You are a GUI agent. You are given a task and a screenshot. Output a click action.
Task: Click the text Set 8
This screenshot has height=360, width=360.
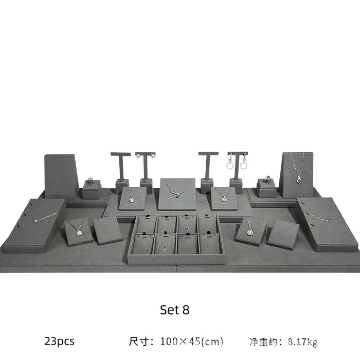click(174, 310)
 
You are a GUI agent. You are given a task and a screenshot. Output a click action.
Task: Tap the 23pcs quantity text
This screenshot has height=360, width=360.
click(59, 341)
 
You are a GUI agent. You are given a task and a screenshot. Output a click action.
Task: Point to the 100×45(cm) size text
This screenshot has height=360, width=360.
click(191, 341)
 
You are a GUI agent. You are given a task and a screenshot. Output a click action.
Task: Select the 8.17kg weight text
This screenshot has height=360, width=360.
click(302, 341)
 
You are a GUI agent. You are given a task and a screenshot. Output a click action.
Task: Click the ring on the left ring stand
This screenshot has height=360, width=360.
click(91, 180)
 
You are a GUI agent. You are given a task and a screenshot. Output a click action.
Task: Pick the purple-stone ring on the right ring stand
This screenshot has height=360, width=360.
click(267, 179)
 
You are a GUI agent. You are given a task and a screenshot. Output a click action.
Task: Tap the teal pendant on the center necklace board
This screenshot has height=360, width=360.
click(177, 195)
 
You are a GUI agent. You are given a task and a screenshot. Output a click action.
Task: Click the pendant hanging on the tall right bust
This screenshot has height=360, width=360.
click(299, 180)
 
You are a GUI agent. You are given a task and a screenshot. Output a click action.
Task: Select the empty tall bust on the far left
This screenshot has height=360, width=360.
click(61, 176)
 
